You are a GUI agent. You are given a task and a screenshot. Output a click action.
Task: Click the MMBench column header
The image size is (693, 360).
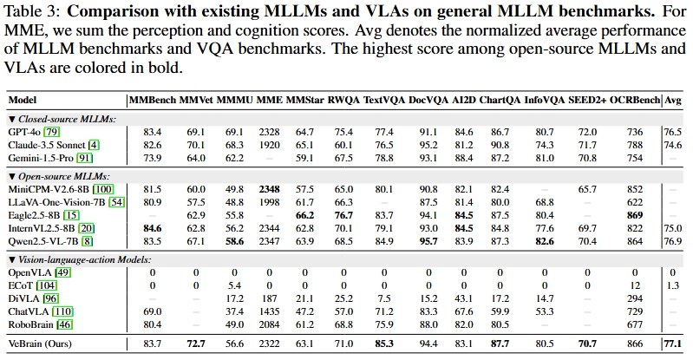[x=153, y=101]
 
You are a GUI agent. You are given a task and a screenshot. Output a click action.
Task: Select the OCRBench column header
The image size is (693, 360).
[x=635, y=101]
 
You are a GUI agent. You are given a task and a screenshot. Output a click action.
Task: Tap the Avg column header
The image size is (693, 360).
[x=673, y=101]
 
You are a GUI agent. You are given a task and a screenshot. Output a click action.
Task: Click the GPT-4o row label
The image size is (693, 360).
[x=24, y=132]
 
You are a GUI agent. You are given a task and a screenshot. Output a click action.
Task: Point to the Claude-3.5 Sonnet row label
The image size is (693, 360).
[x=47, y=145]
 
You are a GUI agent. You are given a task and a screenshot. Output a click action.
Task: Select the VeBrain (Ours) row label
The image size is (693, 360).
[x=40, y=344]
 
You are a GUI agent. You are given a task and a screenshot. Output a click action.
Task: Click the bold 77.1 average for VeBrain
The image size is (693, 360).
[x=673, y=344]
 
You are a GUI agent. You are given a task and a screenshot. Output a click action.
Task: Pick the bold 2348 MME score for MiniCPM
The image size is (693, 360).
[x=269, y=189]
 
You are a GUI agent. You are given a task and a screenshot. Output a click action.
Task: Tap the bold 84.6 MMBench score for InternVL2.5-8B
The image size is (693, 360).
[x=153, y=228]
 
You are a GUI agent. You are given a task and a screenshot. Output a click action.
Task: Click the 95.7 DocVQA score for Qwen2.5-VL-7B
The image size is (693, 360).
[x=428, y=241]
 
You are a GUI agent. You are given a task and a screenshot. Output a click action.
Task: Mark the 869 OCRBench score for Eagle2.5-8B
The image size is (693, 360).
[x=635, y=215]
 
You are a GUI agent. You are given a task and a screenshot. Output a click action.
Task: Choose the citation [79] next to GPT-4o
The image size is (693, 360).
[x=52, y=132]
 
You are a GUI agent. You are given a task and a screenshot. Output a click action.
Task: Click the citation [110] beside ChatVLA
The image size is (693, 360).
[x=62, y=311]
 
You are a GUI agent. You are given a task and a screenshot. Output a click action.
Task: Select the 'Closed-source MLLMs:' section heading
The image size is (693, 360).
[x=67, y=119]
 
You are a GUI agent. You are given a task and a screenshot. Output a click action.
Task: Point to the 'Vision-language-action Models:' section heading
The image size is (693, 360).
[x=84, y=259]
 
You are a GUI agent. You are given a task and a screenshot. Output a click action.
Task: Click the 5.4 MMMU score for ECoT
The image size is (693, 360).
[x=234, y=285]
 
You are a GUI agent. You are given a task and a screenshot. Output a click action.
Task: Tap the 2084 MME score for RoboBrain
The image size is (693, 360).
[x=269, y=324]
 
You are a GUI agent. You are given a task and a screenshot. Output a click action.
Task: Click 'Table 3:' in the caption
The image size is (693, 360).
[x=32, y=12]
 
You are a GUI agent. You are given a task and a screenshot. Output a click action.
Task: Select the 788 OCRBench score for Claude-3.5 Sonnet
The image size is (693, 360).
[x=635, y=145]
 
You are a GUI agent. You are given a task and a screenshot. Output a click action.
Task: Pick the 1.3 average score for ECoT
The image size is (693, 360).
[x=673, y=285]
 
